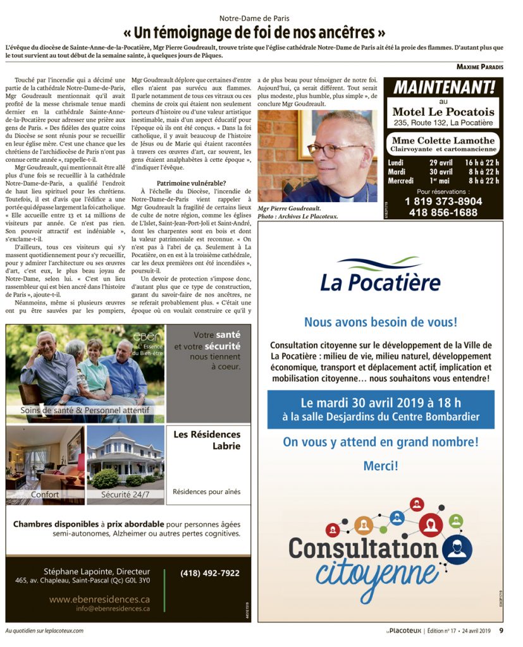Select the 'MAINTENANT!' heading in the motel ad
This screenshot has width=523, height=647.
[443, 87]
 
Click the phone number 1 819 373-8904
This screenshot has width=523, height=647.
[443, 202]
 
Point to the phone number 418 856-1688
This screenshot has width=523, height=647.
[443, 213]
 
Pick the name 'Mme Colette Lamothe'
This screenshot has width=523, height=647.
[443, 140]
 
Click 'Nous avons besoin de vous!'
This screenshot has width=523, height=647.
[380, 322]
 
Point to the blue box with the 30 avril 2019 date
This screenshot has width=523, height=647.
[380, 409]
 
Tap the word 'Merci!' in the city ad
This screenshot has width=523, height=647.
[380, 466]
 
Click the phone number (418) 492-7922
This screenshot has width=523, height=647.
[209, 573]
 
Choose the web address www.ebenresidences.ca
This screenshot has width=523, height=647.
[99, 598]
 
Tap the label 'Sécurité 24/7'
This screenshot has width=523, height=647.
[125, 494]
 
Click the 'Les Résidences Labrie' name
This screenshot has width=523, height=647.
[206, 440]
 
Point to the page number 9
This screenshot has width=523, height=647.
[501, 630]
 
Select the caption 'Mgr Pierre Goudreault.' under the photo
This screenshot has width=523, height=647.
[288, 208]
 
